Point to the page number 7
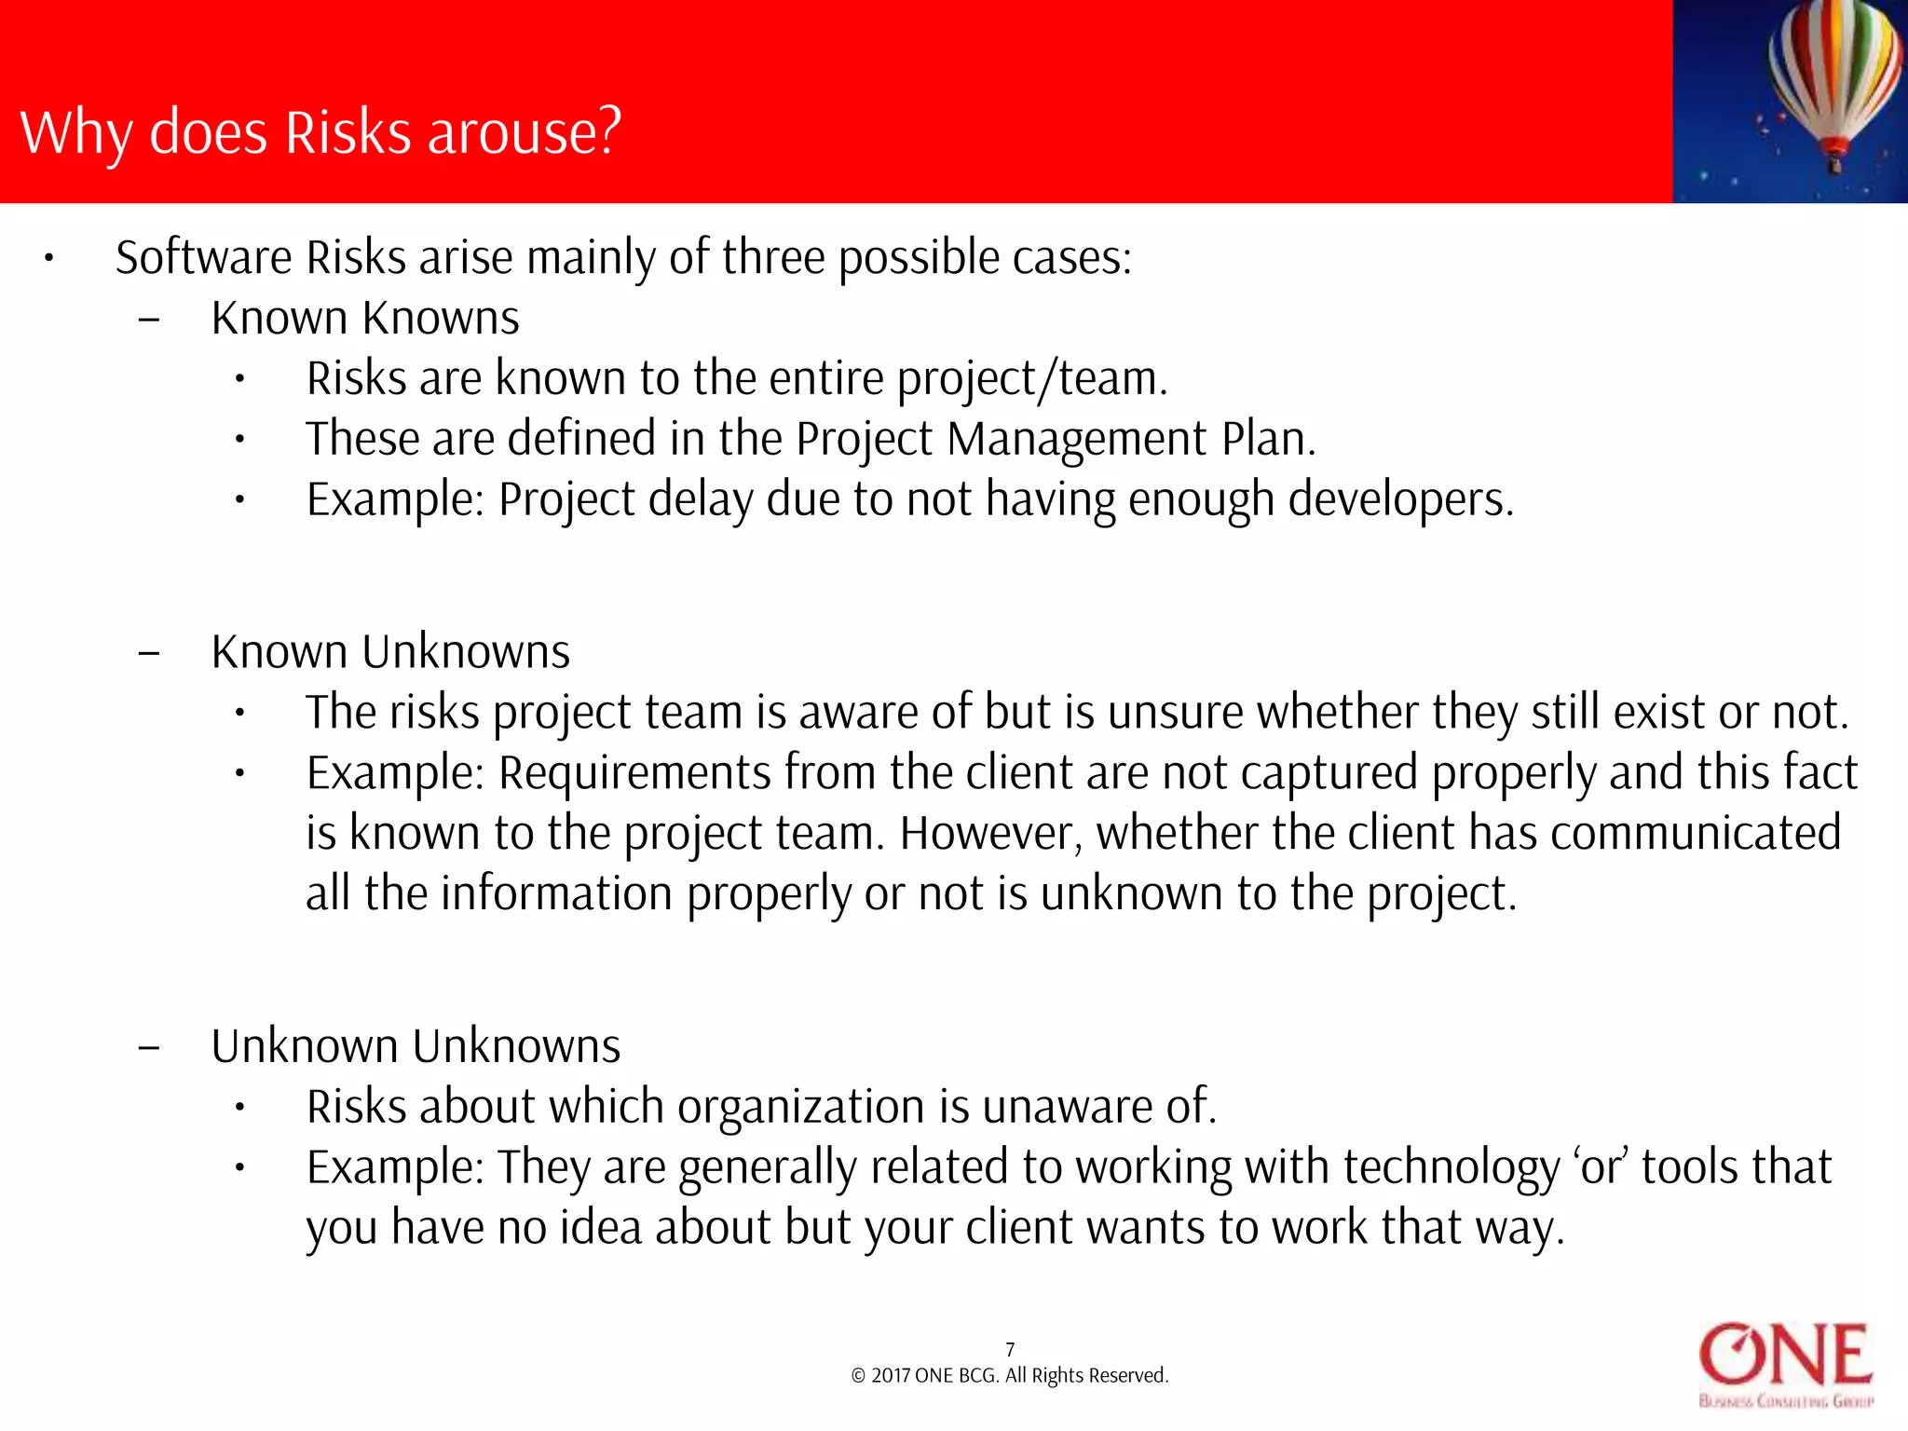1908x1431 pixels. click(x=1010, y=1349)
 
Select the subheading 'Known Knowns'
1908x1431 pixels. click(x=365, y=319)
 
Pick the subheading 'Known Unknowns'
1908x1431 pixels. click(x=390, y=652)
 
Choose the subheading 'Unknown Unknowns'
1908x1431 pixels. click(x=416, y=1046)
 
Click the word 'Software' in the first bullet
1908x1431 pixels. click(x=204, y=257)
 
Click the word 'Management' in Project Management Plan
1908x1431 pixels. click(x=1077, y=439)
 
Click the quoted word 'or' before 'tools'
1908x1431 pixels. click(x=1601, y=1168)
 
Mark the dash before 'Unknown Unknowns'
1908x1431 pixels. click(x=148, y=1047)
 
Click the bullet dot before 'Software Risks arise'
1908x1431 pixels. click(x=49, y=258)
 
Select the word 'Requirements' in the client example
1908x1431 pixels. click(x=635, y=773)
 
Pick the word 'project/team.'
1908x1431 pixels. click(x=1032, y=379)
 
